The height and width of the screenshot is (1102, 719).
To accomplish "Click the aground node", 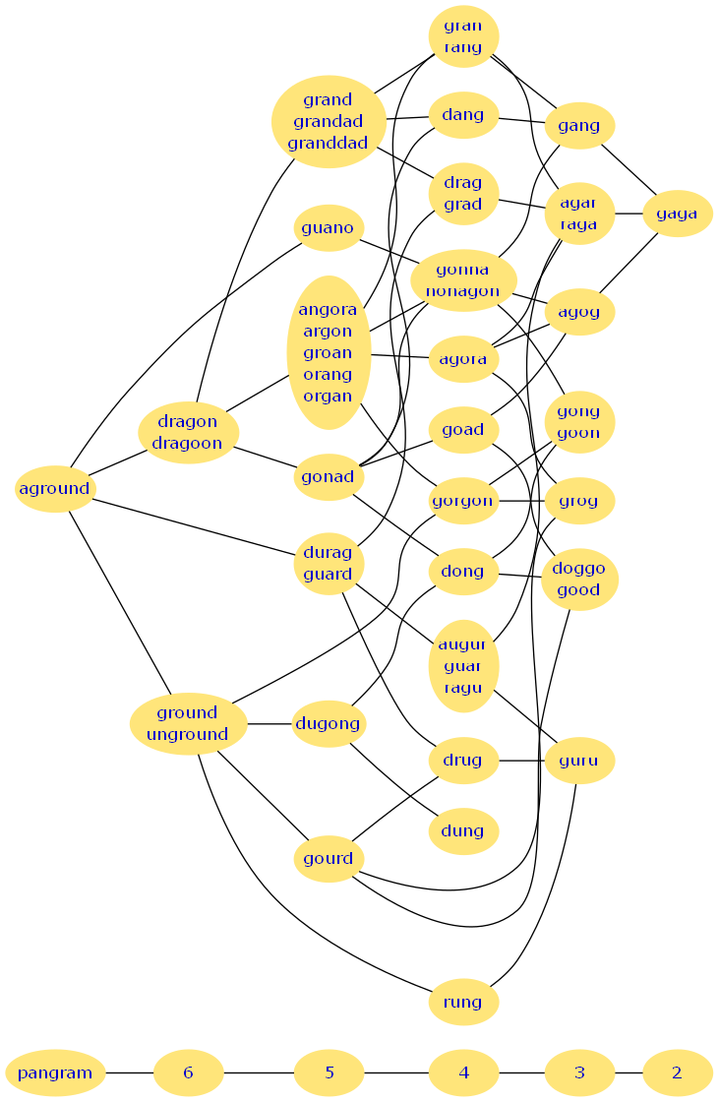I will click(54, 489).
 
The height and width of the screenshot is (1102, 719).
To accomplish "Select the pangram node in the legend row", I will click(55, 1072).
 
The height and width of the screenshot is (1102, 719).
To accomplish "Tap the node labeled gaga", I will click(677, 214).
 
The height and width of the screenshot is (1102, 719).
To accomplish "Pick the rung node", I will click(463, 1003).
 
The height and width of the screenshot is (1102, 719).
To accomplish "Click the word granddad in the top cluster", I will click(328, 143).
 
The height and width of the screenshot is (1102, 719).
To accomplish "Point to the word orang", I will click(328, 375).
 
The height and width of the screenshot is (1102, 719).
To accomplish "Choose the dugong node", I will click(329, 725).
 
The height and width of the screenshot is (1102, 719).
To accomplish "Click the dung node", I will click(463, 831).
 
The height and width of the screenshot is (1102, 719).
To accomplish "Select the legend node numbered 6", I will click(188, 1072).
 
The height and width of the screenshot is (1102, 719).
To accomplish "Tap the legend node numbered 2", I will click(677, 1072).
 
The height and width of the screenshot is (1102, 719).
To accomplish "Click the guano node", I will click(329, 228).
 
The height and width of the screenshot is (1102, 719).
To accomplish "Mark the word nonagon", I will click(463, 291).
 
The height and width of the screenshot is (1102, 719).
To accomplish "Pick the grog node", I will click(579, 501).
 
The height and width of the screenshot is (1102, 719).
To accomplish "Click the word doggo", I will click(579, 570).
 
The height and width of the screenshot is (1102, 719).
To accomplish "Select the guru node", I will click(579, 761).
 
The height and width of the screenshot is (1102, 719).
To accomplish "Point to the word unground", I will click(187, 734).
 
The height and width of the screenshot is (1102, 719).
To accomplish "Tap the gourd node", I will click(329, 859).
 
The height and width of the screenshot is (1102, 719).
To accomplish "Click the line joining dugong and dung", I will click(393, 777).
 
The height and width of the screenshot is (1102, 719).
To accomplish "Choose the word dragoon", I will click(187, 443).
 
